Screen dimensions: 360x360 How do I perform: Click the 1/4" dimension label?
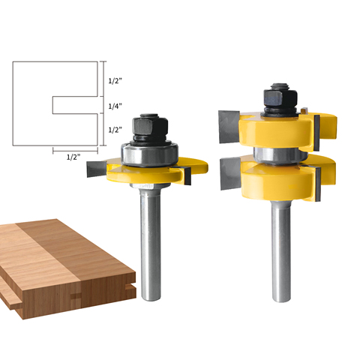click(x=115, y=106)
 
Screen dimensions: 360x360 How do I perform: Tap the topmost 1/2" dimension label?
click(x=115, y=80)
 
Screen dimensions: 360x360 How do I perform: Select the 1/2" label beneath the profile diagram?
click(x=73, y=157)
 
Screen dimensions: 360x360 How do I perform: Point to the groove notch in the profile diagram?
click(x=75, y=105)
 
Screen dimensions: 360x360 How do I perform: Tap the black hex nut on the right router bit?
click(x=280, y=97)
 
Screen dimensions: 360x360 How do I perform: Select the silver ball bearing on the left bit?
click(x=150, y=154)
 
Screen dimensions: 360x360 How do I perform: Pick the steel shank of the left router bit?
click(x=150, y=242)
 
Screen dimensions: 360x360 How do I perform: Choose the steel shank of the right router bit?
click(x=281, y=250)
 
